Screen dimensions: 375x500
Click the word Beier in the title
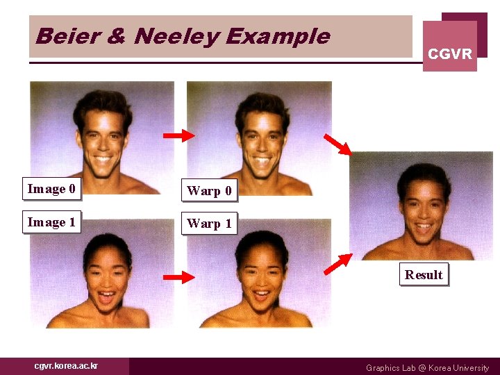pyautogui.click(x=60, y=36)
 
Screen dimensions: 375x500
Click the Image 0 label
pyautogui.click(x=52, y=189)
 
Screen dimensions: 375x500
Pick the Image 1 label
pyautogui.click(x=52, y=222)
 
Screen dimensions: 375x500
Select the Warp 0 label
pyautogui.click(x=209, y=190)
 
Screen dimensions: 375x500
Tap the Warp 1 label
pyautogui.click(x=209, y=224)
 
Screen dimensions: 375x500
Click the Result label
pyautogui.click(x=424, y=274)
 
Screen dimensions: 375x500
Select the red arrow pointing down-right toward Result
pyautogui.click(x=338, y=144)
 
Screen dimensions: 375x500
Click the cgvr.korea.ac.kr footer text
pyautogui.click(x=67, y=366)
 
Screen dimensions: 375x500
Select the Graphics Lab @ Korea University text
pyautogui.click(x=427, y=368)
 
